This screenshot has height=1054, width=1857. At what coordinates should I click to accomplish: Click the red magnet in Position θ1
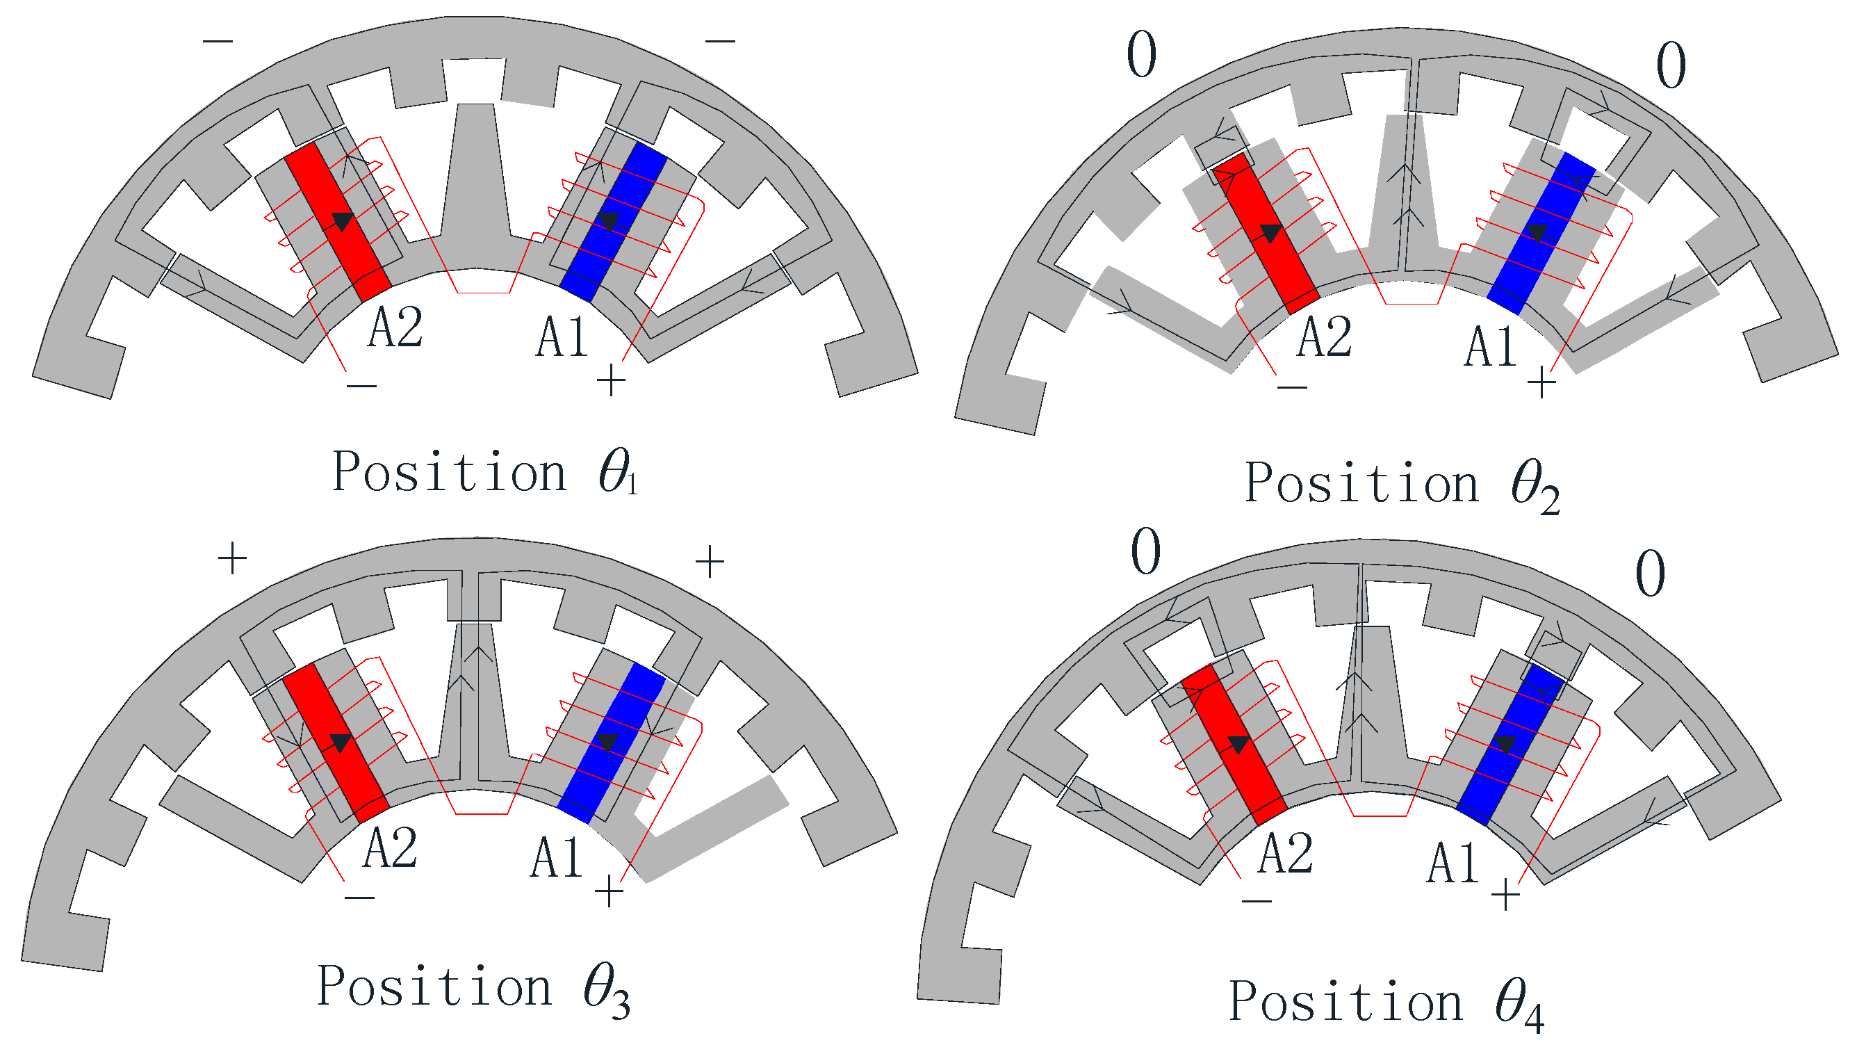pos(338,222)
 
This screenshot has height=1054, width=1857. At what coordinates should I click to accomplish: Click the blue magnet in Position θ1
pos(614,222)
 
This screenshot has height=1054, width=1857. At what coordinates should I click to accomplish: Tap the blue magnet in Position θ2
pos(1541,233)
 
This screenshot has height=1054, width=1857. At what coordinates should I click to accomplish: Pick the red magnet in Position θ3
pos(336,743)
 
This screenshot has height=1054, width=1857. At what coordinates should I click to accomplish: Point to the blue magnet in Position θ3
pos(612,743)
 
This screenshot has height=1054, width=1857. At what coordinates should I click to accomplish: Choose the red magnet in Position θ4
pos(1234,745)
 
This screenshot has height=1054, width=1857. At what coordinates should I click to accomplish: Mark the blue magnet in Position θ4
pos(1511,745)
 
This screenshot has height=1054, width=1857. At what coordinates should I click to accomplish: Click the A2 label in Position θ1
pos(395,327)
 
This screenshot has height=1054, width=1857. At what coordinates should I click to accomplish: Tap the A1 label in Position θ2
pos(1489,348)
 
